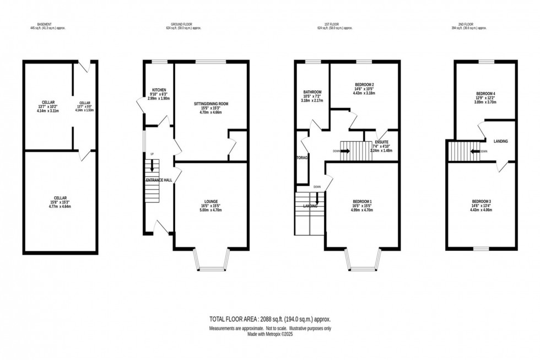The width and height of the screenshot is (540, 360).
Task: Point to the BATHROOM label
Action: point(312,92)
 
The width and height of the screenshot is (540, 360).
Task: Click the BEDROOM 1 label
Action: point(363,202)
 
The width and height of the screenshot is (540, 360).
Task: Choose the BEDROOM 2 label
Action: point(364,84)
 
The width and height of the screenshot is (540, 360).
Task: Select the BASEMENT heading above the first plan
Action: point(44,24)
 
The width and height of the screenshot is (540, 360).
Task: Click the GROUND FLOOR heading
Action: point(184,24)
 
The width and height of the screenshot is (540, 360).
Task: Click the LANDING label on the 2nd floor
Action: point(500,141)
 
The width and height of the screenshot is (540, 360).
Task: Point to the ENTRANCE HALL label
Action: point(159,180)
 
